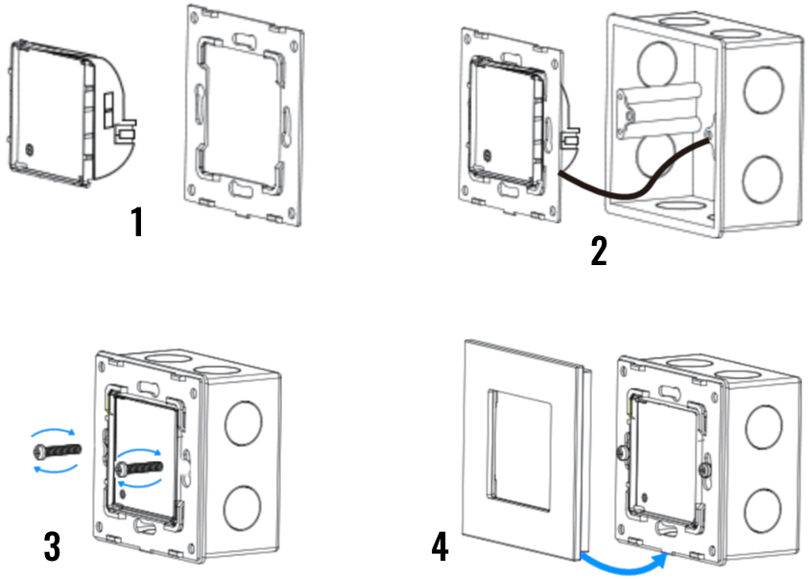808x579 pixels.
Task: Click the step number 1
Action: [x=136, y=222]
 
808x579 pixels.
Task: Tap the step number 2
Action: [x=599, y=251]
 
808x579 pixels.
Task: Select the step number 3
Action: [x=52, y=546]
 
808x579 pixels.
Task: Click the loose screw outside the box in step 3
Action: [x=57, y=450]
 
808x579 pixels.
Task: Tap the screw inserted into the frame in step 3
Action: [x=140, y=468]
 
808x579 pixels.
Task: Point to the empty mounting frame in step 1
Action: [x=244, y=115]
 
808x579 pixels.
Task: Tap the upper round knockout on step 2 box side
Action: [x=764, y=89]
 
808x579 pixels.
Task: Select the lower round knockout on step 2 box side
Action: [x=762, y=179]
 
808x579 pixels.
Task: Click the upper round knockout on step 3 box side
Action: [x=244, y=423]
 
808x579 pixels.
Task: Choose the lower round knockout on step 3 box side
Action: [x=242, y=507]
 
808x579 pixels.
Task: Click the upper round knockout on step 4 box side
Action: [x=764, y=427]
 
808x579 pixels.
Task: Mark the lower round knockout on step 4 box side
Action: [x=763, y=512]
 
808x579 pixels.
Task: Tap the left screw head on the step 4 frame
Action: [x=622, y=453]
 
